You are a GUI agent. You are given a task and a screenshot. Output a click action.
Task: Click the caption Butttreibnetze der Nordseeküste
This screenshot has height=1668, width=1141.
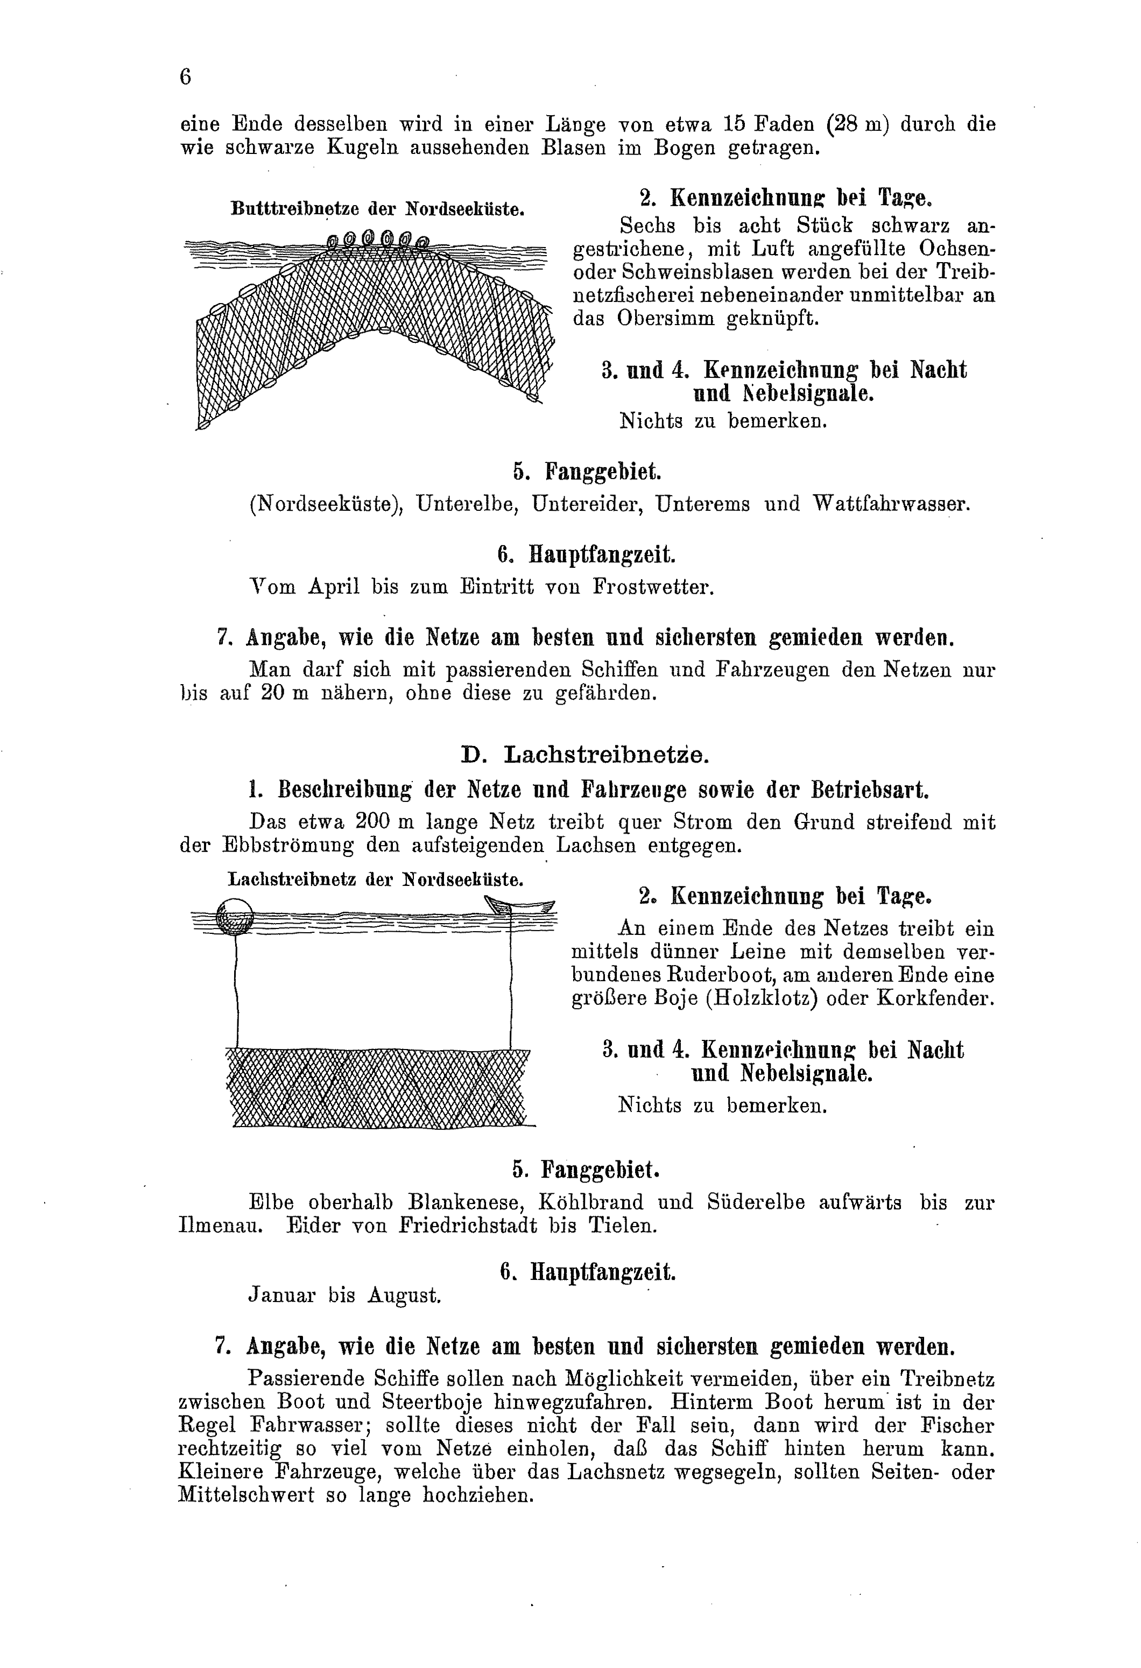click(x=377, y=209)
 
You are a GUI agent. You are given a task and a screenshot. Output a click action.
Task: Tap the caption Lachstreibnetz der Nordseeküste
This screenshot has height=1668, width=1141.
click(x=375, y=880)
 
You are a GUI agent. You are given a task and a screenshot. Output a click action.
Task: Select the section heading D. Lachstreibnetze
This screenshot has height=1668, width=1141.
click(x=585, y=755)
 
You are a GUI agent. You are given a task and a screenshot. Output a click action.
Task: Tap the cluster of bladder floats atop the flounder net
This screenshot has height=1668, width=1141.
click(x=377, y=239)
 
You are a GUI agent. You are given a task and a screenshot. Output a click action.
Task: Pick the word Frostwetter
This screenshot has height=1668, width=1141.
click(x=653, y=587)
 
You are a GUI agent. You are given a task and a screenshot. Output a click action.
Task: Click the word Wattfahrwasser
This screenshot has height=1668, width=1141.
click(x=891, y=504)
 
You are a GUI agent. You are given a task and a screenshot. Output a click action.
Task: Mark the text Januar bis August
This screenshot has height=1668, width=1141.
click(x=344, y=1296)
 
